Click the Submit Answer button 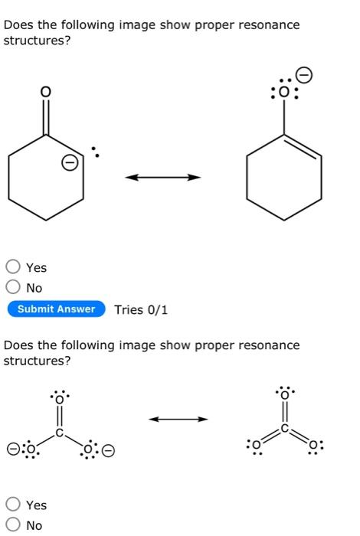56,309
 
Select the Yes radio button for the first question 13,267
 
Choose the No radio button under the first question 13,288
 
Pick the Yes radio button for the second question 13,505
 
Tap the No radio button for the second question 13,525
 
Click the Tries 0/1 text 141,309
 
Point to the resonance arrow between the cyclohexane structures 162,178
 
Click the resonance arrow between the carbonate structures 178,419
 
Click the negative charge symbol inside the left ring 68,163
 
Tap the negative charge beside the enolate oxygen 304,75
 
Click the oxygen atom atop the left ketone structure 46,92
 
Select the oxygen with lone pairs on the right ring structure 284,93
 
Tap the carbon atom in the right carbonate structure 285,430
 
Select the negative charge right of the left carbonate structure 109,450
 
